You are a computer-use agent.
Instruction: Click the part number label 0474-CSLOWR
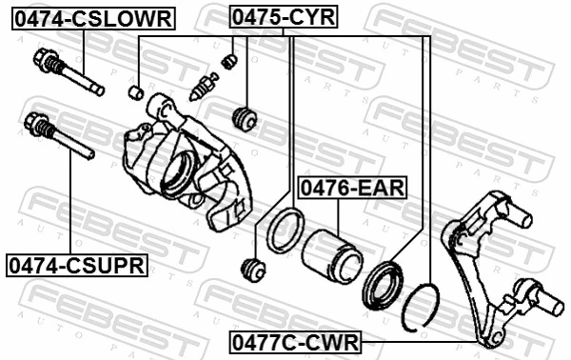92,17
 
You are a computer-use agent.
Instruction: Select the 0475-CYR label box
284,16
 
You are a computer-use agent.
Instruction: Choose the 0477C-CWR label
294,340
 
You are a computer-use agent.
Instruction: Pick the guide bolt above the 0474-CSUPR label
57,136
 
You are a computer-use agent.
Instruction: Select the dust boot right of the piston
385,277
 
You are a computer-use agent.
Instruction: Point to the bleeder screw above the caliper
202,85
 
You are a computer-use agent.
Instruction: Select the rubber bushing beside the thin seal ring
253,269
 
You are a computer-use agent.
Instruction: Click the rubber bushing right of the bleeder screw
245,119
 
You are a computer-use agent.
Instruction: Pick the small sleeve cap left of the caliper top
136,92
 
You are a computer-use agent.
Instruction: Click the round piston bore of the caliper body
177,174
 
